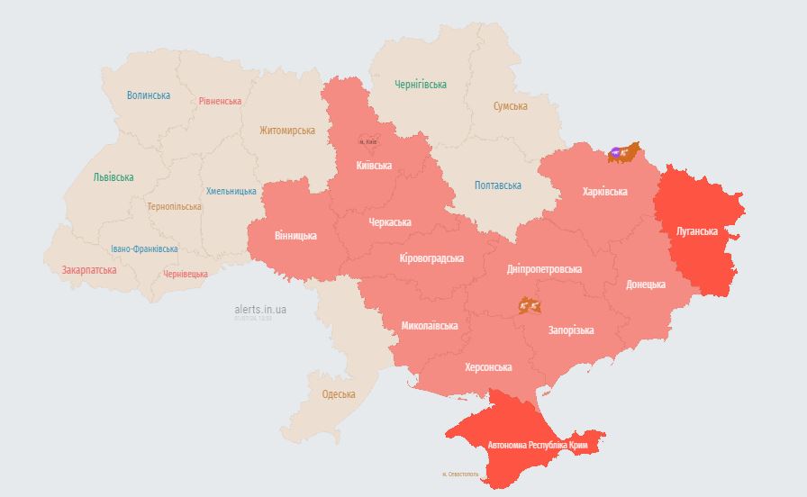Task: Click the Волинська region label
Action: [x=149, y=95]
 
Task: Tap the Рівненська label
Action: [x=221, y=101]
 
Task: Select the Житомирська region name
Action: [x=287, y=131]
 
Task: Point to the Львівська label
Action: [x=113, y=177]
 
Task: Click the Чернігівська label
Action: [x=421, y=85]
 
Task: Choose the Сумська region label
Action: [x=511, y=106]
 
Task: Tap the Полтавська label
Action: [x=498, y=185]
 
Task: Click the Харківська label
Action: [x=605, y=192]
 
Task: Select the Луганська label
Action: [x=697, y=231]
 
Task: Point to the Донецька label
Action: [x=646, y=285]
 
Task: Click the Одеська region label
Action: [x=339, y=394]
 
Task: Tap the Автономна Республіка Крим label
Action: [x=539, y=446]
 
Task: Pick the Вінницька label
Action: [x=295, y=236]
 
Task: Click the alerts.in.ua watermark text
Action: [x=260, y=309]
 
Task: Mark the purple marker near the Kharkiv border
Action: [x=615, y=153]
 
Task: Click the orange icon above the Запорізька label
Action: [x=530, y=306]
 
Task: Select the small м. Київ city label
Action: [x=367, y=141]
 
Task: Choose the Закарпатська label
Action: [x=89, y=270]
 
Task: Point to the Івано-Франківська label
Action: [x=144, y=248]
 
